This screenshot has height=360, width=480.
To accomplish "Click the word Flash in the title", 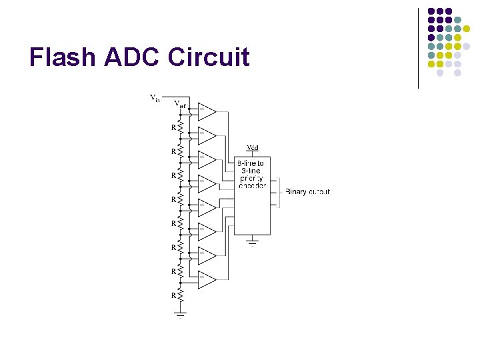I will click(x=63, y=57).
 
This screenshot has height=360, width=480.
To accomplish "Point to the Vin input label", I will click(x=155, y=99).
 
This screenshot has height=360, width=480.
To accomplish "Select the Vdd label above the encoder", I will click(x=253, y=147).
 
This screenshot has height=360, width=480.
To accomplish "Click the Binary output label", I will click(x=307, y=192).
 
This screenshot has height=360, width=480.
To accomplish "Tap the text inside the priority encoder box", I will click(x=251, y=175).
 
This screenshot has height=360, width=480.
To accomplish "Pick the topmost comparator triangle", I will click(x=206, y=111).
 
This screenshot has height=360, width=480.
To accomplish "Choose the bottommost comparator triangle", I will click(x=206, y=281).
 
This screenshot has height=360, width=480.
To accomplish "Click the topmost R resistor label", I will click(x=173, y=127).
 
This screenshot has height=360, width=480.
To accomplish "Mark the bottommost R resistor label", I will click(x=173, y=295).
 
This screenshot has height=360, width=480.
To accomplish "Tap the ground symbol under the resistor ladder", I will click(x=180, y=314).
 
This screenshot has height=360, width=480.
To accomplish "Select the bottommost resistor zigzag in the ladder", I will click(x=180, y=295).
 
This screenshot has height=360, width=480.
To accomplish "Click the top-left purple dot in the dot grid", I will click(x=431, y=11).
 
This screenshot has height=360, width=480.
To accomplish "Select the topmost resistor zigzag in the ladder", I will click(x=180, y=127).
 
